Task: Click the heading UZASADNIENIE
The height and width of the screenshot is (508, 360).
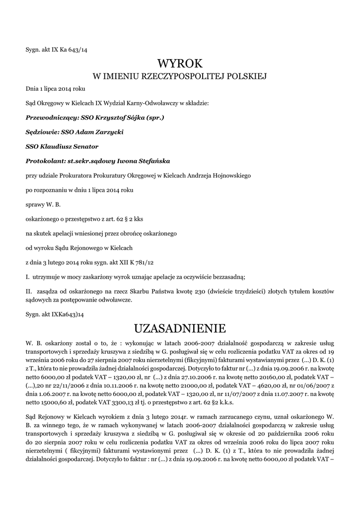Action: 180,328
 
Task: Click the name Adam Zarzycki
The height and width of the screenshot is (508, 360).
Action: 102,132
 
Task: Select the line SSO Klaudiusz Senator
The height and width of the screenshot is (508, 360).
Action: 62,146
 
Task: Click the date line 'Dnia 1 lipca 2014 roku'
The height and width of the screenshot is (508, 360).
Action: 56,89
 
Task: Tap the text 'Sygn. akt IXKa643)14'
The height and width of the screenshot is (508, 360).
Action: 55,314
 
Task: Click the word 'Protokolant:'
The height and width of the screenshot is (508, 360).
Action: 45,161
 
